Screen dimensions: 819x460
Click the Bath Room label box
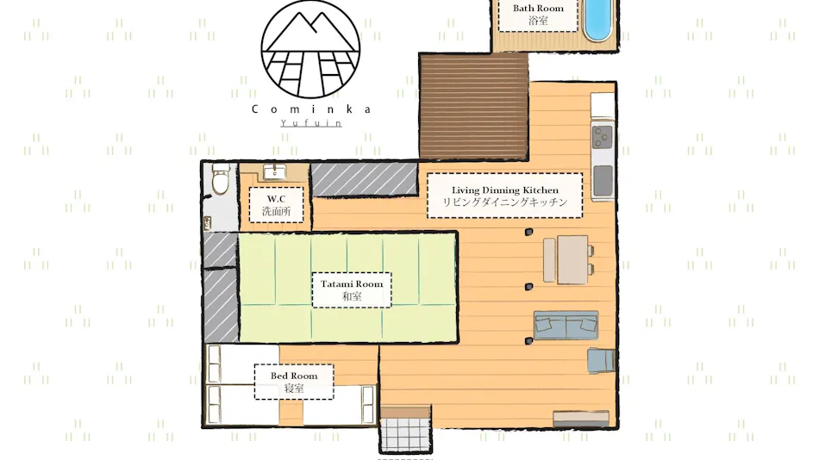pos(538,16)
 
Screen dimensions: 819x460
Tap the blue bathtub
pos(597,20)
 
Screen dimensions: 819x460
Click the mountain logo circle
pos(310,49)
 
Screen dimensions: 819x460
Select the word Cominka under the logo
pos(311,109)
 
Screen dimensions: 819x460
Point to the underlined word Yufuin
pos(311,123)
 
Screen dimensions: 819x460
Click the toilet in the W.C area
pos(221,178)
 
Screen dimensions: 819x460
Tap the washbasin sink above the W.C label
pos(275,171)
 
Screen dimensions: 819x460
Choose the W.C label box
pos(277,205)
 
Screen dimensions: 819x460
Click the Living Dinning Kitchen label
pos(504,196)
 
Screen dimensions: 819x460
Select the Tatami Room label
pos(352,289)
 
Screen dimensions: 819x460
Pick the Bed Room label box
pos(294,382)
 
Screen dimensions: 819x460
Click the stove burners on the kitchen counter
pos(603,137)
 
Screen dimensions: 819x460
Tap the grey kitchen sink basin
pos(603,180)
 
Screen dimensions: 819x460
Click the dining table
pos(572,259)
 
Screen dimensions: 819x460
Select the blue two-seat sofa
pos(566,326)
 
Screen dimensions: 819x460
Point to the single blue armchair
pos(601,360)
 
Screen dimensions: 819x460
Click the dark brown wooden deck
pos(474,107)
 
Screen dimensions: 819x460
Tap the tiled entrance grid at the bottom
pos(405,432)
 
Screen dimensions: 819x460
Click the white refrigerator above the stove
pos(603,106)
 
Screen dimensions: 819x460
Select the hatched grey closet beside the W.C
pos(364,179)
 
